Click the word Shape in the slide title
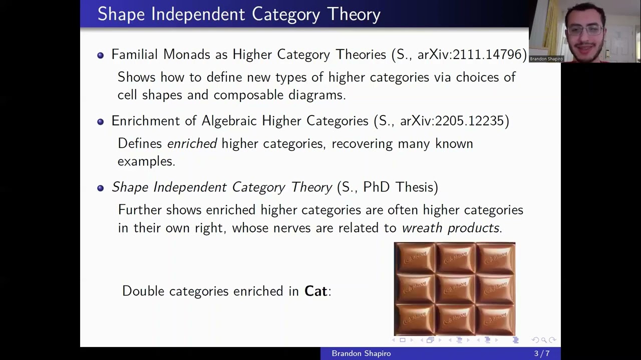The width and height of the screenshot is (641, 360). click(x=121, y=14)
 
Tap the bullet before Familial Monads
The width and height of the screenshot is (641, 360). click(x=101, y=55)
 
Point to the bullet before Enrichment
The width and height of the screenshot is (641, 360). click(x=101, y=121)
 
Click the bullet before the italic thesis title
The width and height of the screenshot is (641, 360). click(x=101, y=188)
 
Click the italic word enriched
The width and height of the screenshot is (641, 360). click(x=192, y=144)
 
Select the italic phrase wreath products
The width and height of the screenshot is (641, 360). click(x=450, y=228)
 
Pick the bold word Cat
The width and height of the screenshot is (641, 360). click(x=315, y=291)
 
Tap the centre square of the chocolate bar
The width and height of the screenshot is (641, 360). click(x=455, y=289)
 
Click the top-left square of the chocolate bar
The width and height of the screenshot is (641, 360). click(x=415, y=258)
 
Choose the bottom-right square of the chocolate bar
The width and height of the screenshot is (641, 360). click(x=495, y=319)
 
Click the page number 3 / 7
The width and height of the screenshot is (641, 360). click(x=542, y=353)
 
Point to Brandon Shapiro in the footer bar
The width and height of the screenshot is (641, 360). click(x=361, y=353)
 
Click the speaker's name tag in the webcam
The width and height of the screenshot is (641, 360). click(x=546, y=59)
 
